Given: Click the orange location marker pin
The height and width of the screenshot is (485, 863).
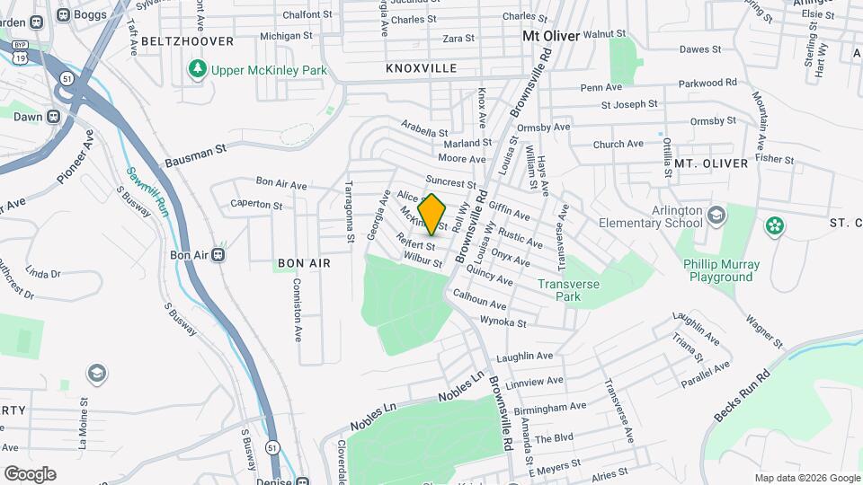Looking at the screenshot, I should click(x=432, y=214).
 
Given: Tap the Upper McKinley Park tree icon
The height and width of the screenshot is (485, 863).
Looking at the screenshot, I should click(x=197, y=69).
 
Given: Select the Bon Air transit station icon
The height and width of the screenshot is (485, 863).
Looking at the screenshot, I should click(x=218, y=255).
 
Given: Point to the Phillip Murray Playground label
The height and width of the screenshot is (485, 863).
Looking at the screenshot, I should click(x=721, y=270).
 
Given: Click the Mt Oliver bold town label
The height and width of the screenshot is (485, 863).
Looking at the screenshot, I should click(x=551, y=36).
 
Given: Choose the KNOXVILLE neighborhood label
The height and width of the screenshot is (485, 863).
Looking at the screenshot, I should click(x=421, y=68).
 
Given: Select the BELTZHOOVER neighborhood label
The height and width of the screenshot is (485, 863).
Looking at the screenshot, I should click(x=187, y=41).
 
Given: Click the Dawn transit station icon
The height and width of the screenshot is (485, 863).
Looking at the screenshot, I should click(x=54, y=117).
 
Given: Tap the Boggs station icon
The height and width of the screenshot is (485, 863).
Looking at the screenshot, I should click(x=63, y=14).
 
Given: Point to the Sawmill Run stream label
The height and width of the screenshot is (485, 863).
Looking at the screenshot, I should click(x=147, y=190).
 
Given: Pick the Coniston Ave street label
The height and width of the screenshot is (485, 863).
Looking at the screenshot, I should click(x=298, y=309).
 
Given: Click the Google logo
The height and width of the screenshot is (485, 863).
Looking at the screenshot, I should click(x=30, y=473).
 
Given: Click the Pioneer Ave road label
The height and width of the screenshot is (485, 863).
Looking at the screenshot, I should click(x=76, y=158).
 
